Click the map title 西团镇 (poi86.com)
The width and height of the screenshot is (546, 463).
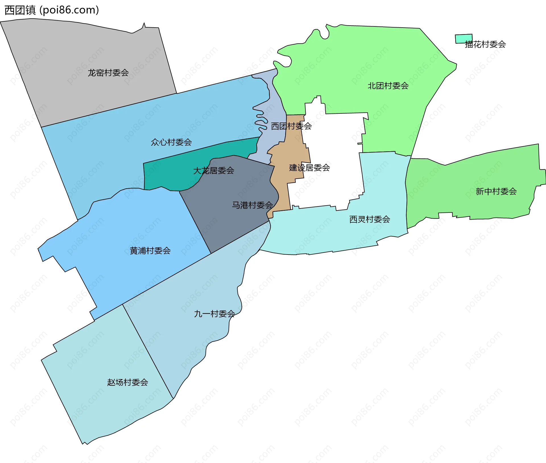tap(52, 10)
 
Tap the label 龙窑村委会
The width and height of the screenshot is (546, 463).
tap(108, 73)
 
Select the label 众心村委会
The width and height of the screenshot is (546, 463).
tap(171, 142)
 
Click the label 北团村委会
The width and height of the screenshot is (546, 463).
tap(388, 86)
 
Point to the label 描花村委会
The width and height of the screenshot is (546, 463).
tap(485, 44)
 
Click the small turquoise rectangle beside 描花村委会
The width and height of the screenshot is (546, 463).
tap(464, 39)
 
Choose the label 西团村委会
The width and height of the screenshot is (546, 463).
tap(291, 126)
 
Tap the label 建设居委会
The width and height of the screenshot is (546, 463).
tap(309, 168)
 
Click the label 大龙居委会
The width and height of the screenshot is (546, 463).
tap(214, 171)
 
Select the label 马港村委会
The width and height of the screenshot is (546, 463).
tap(252, 205)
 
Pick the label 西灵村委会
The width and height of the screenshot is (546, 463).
tap(369, 219)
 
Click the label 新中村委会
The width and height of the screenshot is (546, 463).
tap(496, 191)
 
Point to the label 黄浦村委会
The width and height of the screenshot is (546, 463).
tap(150, 251)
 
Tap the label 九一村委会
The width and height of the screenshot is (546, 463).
tap(214, 314)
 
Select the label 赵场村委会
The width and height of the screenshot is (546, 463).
tap(127, 382)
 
